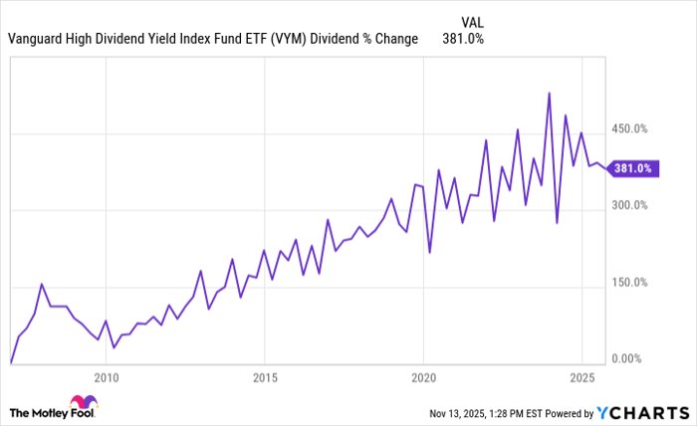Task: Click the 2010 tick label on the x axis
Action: click(107, 377)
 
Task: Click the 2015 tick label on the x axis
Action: click(264, 377)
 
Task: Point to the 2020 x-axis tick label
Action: click(423, 377)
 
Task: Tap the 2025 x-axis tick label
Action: click(581, 377)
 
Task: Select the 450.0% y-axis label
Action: click(628, 129)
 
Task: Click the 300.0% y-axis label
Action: click(628, 205)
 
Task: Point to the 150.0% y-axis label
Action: click(628, 282)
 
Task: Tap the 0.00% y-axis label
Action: click(630, 358)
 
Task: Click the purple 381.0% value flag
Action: click(631, 169)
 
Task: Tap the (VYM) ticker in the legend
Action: click(270, 40)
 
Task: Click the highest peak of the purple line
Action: click(549, 94)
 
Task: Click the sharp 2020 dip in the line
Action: click(429, 253)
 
